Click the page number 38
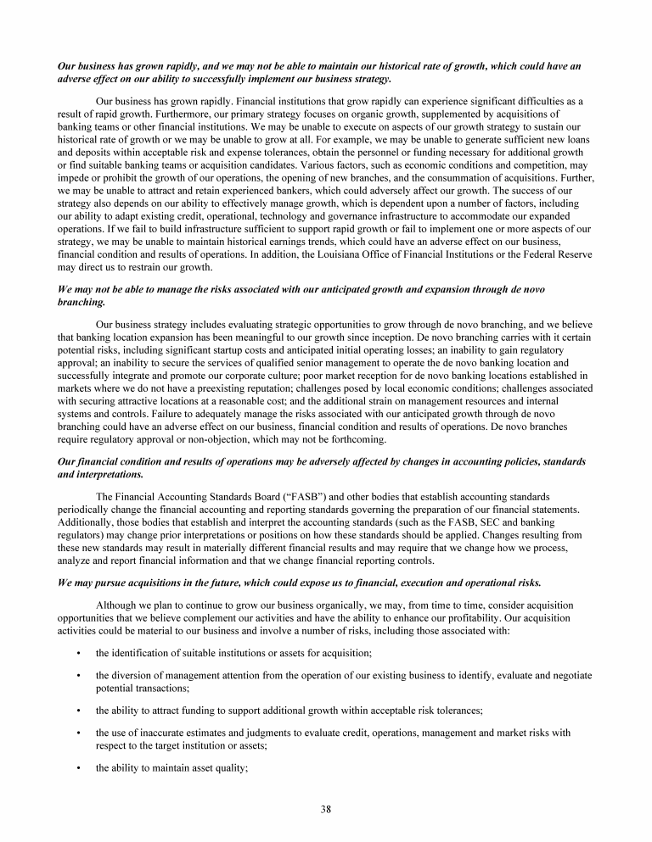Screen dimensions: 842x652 coord(326,808)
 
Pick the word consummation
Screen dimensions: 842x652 coord(481,181)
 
